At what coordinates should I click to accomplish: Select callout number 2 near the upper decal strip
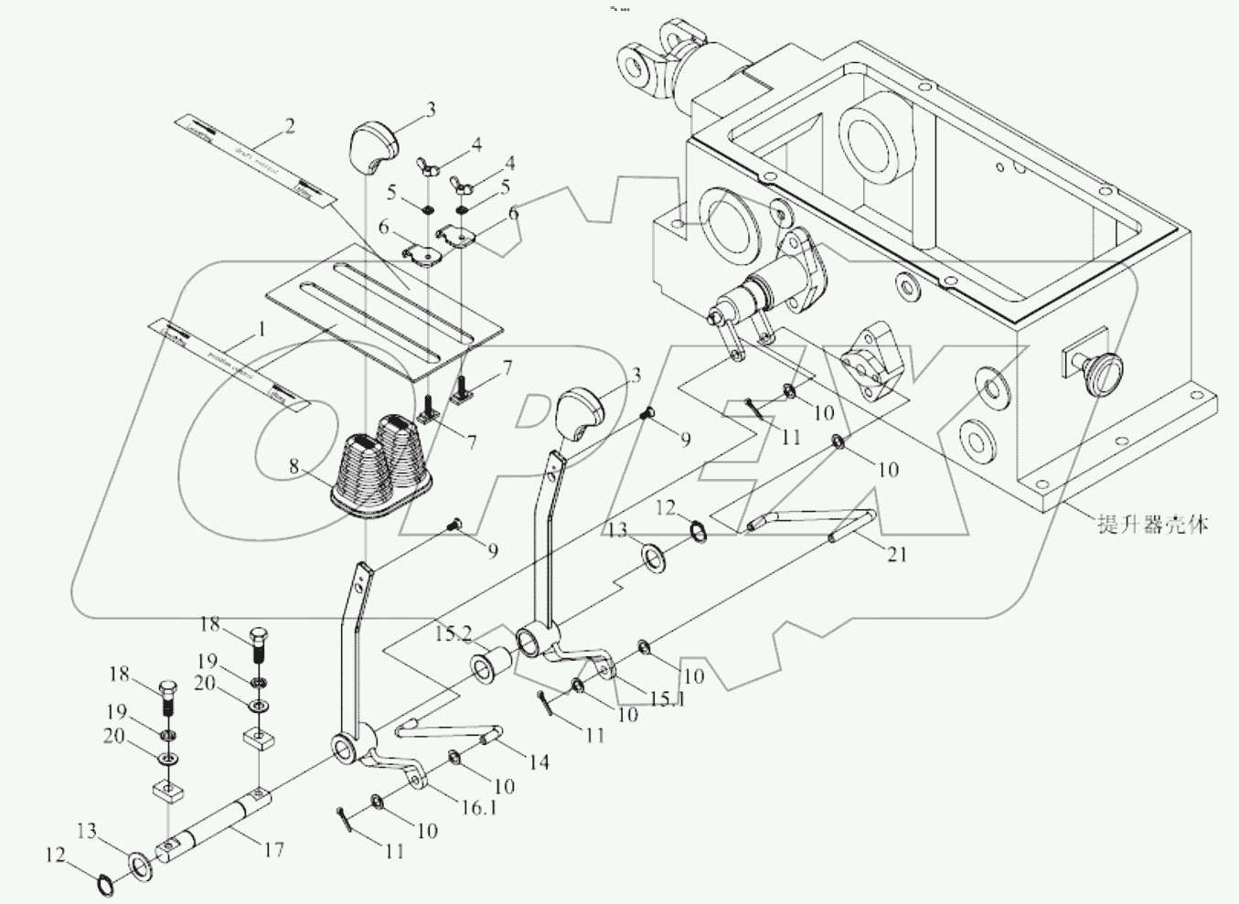(289, 127)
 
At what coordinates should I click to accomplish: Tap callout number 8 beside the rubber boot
(294, 466)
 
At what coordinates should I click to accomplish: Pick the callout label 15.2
(454, 633)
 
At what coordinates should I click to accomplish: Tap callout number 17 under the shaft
(273, 850)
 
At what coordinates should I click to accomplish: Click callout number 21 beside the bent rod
(897, 554)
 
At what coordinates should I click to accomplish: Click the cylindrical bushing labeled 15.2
(489, 665)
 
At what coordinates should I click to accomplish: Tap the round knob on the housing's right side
(1103, 371)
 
